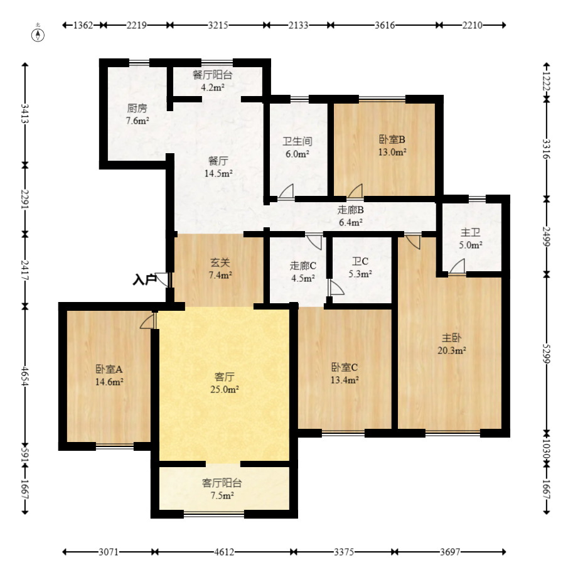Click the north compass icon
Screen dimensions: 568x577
tap(38, 35)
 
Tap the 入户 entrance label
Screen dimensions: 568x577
tap(144, 279)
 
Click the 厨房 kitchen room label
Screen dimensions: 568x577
tap(137, 108)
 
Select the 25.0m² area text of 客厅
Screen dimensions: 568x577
tap(225, 389)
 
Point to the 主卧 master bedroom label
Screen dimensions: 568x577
tap(451, 338)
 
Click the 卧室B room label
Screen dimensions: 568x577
tap(392, 139)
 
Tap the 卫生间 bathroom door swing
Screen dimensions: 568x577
tap(286, 191)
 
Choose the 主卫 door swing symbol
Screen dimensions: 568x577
tap(458, 266)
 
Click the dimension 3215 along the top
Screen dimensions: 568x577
tap(218, 25)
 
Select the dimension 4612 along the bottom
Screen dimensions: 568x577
tap(224, 552)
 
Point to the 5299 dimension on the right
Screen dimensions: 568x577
tap(547, 353)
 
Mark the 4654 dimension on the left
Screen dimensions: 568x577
tap(25, 375)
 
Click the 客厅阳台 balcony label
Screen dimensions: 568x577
tap(222, 483)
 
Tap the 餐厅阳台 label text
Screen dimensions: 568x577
tap(213, 75)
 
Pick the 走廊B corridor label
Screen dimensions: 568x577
tap(351, 210)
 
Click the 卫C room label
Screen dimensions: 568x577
tap(360, 261)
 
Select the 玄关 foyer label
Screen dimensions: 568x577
tap(220, 262)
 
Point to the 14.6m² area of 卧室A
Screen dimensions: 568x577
tap(109, 382)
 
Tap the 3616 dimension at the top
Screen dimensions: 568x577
tap(385, 25)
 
